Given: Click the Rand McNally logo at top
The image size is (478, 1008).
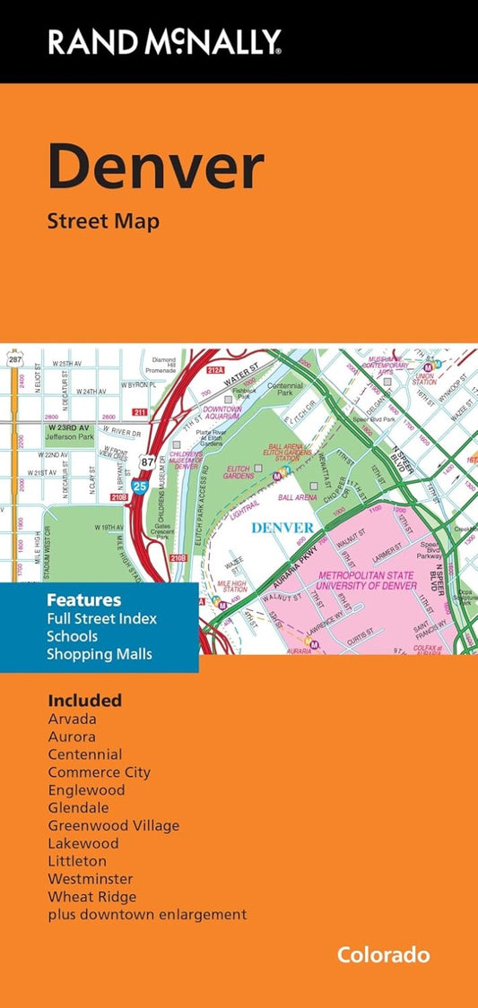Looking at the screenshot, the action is (165, 40).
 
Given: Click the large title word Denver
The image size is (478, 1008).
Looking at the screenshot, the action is (156, 168).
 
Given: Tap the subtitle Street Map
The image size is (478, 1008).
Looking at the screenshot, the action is (103, 220).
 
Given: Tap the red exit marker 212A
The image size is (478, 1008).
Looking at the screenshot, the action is (215, 369).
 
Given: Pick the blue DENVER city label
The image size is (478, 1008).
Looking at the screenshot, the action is (282, 527).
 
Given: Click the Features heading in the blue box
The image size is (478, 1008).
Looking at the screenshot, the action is (83, 599).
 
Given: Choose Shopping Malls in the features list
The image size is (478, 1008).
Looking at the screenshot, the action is (100, 654).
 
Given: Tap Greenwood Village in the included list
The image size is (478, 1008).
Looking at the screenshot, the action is (113, 825).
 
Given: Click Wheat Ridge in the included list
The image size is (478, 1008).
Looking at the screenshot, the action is (92, 896).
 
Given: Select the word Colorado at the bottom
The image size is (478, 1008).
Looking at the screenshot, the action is (383, 955).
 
